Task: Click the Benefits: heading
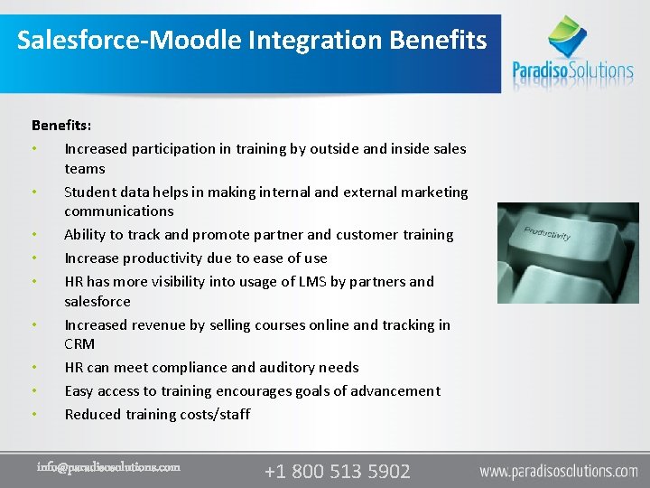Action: [x=61, y=125]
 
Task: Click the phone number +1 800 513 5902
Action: [x=337, y=471]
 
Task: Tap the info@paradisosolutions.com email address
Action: [x=108, y=467]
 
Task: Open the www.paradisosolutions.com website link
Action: [x=558, y=471]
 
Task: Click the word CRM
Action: [x=79, y=344]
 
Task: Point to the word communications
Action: [x=118, y=211]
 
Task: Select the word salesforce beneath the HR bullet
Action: [x=97, y=301]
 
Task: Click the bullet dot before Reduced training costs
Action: [x=33, y=415]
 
